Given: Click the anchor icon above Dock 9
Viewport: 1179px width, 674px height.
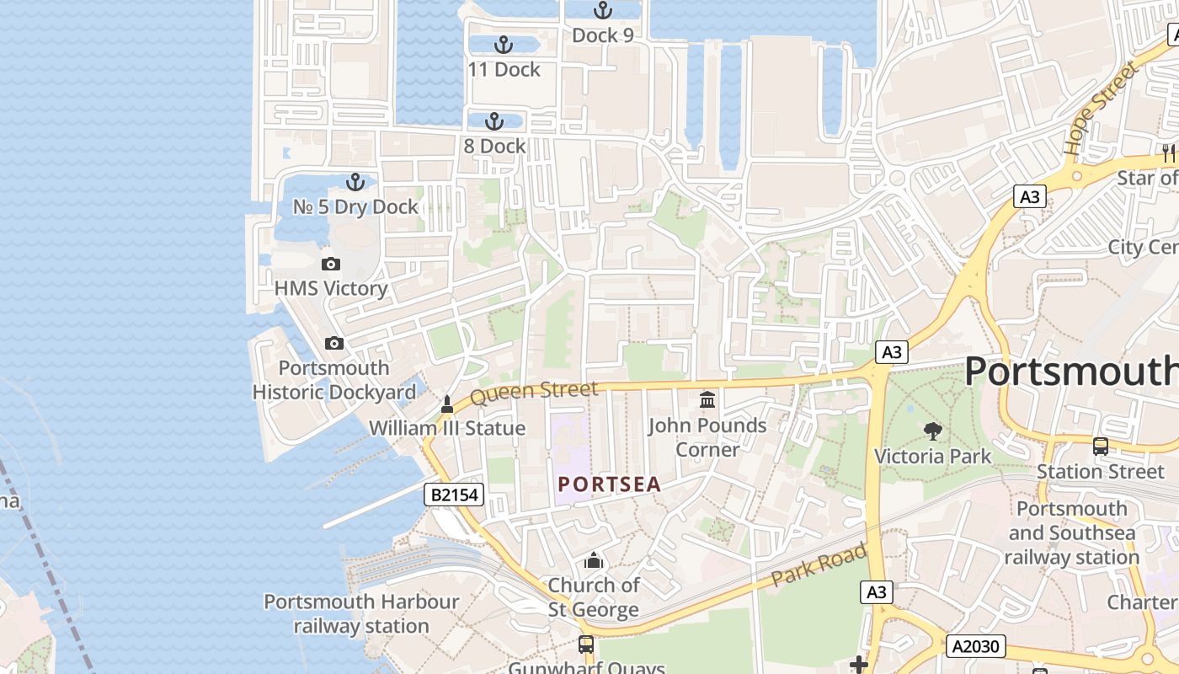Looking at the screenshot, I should [x=602, y=10].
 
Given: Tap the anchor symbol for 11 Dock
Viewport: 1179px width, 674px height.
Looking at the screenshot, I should [x=503, y=45].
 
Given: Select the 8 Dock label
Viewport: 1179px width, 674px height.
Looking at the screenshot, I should [x=494, y=146].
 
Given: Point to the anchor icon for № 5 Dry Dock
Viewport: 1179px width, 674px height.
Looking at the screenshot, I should [x=355, y=182].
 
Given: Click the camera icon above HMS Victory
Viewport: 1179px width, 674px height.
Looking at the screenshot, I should [x=331, y=264].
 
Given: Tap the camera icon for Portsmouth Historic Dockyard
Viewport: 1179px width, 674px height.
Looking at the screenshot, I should [x=334, y=343].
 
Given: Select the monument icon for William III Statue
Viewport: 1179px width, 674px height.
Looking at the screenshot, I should [x=447, y=404].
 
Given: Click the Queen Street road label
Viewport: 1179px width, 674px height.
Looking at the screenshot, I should [x=534, y=392].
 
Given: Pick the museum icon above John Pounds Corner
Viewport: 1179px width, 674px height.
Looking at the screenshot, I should [x=707, y=399].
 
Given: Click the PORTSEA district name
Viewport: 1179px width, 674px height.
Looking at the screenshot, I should [x=609, y=485].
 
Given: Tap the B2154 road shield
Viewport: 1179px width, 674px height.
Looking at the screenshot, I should [x=454, y=495].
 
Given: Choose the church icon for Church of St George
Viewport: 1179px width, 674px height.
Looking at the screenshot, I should [x=594, y=560].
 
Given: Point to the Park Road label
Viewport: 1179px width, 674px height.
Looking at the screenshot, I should [x=819, y=566].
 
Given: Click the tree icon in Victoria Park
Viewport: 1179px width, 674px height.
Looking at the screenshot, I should [x=932, y=431].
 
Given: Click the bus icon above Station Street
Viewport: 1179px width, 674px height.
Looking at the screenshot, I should [x=1100, y=447].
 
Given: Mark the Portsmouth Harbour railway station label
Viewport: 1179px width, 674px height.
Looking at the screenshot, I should [x=361, y=614].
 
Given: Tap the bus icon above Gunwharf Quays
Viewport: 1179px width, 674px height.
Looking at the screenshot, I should [x=585, y=645].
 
